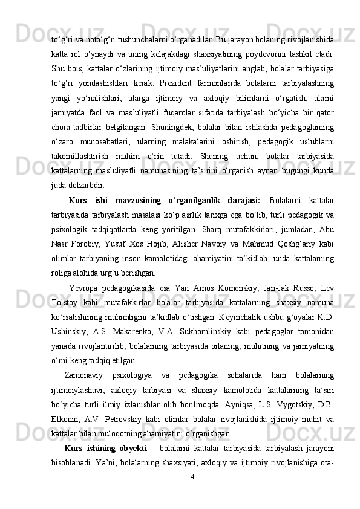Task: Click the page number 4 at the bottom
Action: (192, 492)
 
